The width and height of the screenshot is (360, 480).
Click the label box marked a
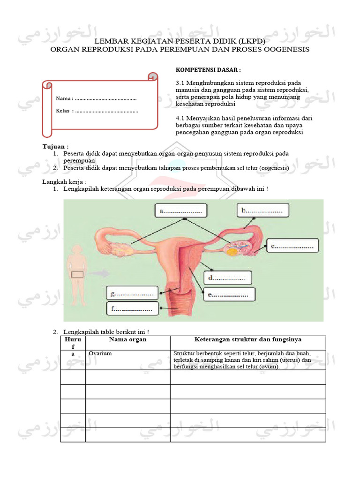[181, 211]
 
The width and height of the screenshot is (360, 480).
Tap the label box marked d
[227, 278]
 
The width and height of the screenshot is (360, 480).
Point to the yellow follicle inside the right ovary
[232, 251]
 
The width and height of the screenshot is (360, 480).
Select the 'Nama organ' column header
[127, 339]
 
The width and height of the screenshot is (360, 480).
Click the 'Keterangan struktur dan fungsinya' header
[247, 339]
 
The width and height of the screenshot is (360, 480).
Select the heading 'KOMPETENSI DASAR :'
[208, 70]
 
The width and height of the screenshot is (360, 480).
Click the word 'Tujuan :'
[56, 147]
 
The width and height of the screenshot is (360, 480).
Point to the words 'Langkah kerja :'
[65, 181]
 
